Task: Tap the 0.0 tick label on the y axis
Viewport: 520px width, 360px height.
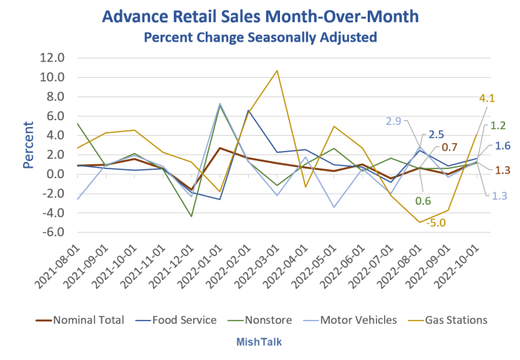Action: pyautogui.click(x=53, y=174)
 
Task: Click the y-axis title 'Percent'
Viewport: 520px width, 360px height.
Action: pyautogui.click(x=28, y=145)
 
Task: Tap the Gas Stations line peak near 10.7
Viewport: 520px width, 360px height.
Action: pyautogui.click(x=277, y=71)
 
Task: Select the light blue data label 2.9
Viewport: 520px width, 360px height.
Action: pyautogui.click(x=393, y=121)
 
